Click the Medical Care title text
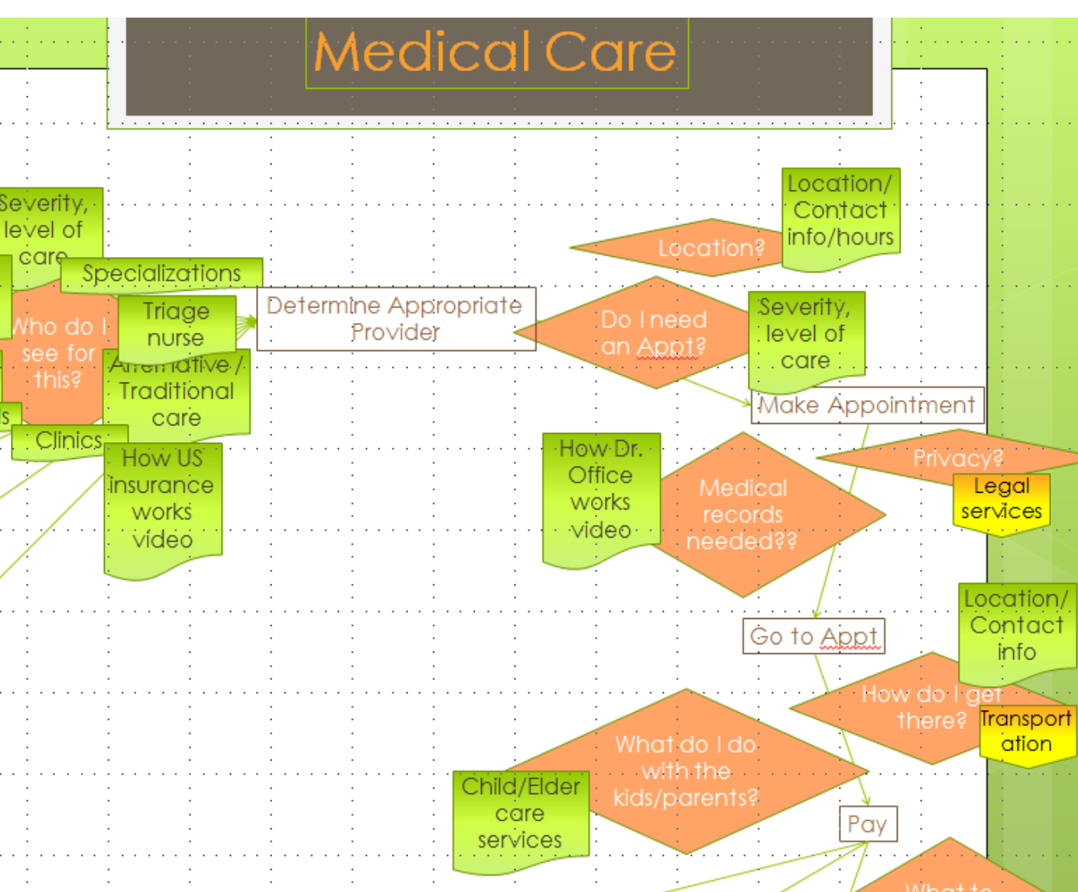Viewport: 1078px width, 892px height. pos(495,52)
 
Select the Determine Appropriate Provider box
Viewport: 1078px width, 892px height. pos(395,319)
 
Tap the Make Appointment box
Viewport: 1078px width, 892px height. pos(867,405)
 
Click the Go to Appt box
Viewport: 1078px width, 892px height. pos(813,636)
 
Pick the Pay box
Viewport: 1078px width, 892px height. pos(867,824)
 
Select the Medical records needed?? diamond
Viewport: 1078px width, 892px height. pos(753,514)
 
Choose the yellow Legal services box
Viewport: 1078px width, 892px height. pos(1001,500)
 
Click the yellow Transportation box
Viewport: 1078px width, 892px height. pos(1027,732)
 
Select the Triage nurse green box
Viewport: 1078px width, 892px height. pos(177,324)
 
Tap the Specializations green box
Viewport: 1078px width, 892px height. pos(161,273)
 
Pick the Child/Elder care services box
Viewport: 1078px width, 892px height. pos(520,814)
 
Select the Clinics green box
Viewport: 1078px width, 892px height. pos(69,441)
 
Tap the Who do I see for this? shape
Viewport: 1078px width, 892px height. pos(57,353)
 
